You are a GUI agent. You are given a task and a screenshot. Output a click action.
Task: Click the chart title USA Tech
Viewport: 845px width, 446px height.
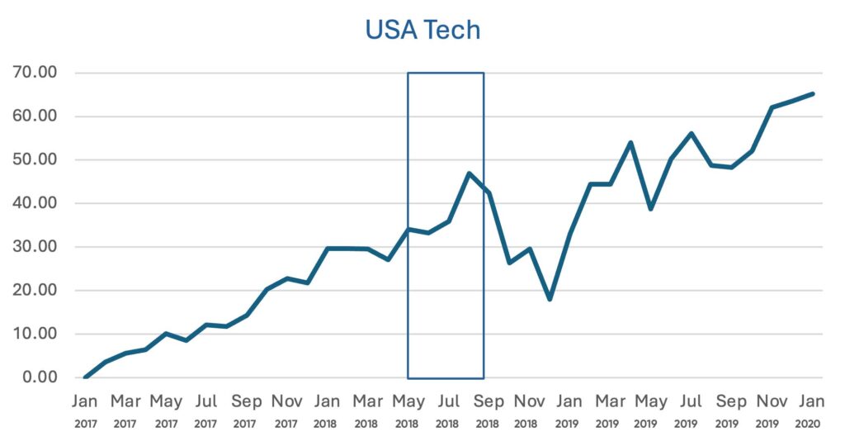pos(422,31)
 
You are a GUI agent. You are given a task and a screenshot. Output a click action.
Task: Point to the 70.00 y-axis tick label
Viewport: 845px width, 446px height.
pos(35,73)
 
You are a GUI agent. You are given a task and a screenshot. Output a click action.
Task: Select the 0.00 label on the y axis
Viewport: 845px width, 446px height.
pos(39,377)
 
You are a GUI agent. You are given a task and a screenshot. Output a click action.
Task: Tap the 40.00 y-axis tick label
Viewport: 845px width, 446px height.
pos(35,203)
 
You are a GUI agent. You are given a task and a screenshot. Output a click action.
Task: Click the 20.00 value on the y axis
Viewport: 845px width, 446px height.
pos(35,291)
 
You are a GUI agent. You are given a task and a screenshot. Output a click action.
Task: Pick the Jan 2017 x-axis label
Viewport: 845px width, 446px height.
pos(85,410)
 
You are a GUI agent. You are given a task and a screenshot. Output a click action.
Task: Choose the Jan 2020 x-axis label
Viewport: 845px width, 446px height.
pos(812,410)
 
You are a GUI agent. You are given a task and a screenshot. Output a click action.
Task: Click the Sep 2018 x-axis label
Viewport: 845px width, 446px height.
pos(489,410)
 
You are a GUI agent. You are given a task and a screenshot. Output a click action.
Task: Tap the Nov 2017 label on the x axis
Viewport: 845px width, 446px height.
pos(286,410)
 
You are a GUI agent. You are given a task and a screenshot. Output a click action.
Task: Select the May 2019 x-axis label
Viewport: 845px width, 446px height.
pos(650,410)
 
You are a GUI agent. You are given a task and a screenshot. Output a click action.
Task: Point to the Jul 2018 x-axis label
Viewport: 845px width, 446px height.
pos(448,410)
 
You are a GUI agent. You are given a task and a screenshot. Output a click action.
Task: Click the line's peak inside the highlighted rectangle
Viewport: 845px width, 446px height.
pos(469,173)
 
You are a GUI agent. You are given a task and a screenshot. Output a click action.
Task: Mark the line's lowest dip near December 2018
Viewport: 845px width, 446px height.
pos(550,299)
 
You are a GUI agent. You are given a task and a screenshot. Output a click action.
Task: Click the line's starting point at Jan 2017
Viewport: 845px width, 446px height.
pos(85,377)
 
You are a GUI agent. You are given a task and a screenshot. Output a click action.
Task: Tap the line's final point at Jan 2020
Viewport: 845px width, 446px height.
pos(813,93)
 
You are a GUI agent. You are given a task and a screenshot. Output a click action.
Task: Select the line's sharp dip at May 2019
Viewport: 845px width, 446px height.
pos(650,209)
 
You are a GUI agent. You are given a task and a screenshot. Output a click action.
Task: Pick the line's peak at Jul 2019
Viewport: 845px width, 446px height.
pos(691,133)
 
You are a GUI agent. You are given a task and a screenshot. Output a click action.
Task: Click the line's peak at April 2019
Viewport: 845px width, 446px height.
pos(630,142)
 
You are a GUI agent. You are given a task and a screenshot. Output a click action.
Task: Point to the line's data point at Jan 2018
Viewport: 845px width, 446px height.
pos(328,248)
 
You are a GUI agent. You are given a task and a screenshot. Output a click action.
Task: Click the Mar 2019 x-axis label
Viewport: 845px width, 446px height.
pos(610,410)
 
